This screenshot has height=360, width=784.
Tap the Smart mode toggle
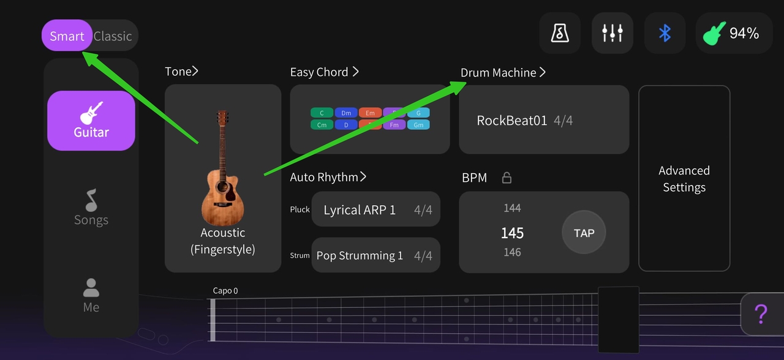pos(67,36)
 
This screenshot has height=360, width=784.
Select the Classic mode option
pos(113,36)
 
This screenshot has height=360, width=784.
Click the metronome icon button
pos(560,33)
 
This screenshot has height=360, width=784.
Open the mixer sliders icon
pos(612,33)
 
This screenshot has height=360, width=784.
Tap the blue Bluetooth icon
pos(665,33)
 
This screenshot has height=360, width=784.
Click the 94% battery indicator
pos(734,33)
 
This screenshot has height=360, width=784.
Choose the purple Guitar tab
pos(91,121)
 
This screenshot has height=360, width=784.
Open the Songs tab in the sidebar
pos(91,208)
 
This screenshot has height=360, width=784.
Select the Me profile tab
pos(91,296)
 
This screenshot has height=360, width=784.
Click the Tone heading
pos(181,72)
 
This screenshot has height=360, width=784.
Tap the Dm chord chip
pos(346,113)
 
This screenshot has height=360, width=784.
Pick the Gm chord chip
pos(418,125)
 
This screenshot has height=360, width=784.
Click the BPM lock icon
pos(507,178)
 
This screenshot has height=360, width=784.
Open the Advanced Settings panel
pos(684,178)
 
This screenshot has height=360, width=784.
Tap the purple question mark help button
pos(761,314)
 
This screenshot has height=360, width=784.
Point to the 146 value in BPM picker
pos(512,252)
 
